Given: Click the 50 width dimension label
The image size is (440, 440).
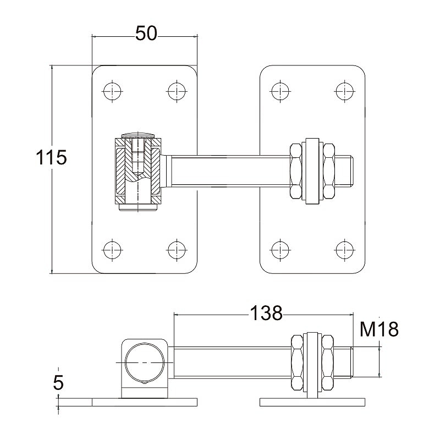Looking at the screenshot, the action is [x=146, y=34].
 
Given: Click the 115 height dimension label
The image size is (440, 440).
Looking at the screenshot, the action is [x=51, y=157].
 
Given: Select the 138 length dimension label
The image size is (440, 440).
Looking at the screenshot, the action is [x=266, y=313].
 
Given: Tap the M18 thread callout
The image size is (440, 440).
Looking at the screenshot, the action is [x=379, y=329].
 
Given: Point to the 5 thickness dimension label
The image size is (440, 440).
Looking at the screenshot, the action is [x=58, y=382].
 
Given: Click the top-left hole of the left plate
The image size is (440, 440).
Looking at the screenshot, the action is [x=112, y=91].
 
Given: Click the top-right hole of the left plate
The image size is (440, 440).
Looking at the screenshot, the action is [x=177, y=91].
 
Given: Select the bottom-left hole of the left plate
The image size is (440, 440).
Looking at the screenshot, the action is [x=112, y=250].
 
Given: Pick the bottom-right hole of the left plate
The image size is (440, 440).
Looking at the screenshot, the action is [x=177, y=250].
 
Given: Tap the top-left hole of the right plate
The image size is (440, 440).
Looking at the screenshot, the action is [x=280, y=91].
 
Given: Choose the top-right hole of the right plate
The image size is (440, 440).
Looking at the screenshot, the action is [x=345, y=91].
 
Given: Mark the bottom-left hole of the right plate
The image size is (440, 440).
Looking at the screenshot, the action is [x=280, y=250].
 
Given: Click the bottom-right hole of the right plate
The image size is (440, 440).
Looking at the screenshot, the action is [x=345, y=250].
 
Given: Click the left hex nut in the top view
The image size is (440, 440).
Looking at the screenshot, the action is [x=296, y=171].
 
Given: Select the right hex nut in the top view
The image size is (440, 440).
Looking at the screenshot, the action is [x=329, y=171].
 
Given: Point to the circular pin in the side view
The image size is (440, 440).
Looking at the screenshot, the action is [x=145, y=362].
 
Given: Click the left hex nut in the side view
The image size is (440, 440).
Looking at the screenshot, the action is [x=298, y=362].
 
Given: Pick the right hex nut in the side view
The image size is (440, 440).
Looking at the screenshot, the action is [x=327, y=362].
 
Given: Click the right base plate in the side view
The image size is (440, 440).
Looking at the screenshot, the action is [x=312, y=402].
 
